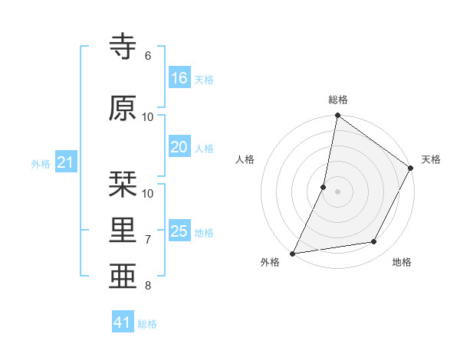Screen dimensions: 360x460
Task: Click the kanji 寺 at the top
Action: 123,47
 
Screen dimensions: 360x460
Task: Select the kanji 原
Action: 123,108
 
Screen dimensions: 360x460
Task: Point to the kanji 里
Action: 123,231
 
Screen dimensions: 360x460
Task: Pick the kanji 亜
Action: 123,276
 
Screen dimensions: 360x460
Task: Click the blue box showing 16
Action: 179,78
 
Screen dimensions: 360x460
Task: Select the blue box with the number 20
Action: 179,147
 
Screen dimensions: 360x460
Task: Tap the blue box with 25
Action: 179,231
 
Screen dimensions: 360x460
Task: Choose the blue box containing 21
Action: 66,162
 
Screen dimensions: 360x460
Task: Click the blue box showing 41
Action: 123,322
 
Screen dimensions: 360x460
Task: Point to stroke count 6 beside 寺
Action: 148,56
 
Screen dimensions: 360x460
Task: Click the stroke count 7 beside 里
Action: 148,240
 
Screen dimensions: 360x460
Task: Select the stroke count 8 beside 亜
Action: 148,286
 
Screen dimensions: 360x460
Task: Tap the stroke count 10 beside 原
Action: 148,116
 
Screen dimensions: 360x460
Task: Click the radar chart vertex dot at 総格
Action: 337,116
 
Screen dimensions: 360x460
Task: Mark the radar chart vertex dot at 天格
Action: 411,169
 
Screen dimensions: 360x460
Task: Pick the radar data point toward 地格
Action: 374,241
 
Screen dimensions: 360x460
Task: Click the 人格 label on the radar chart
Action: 245,159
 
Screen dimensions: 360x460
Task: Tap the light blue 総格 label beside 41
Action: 147,324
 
